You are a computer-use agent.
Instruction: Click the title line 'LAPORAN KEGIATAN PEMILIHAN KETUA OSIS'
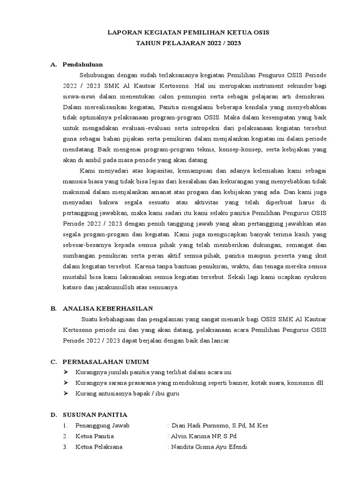coord(189,33)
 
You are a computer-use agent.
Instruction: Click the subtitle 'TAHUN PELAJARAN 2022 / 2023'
coord(189,43)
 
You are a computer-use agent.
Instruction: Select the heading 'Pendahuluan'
coord(83,64)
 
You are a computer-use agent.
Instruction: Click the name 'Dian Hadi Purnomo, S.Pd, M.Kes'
coord(219,426)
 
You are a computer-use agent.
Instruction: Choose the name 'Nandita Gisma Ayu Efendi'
coord(210,447)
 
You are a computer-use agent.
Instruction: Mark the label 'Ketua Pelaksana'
coord(99,447)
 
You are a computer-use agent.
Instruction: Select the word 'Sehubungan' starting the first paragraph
coord(95,75)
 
